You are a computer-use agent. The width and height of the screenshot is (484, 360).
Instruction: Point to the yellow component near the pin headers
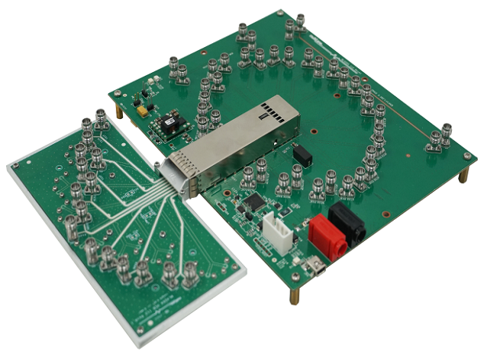click(143, 112)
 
